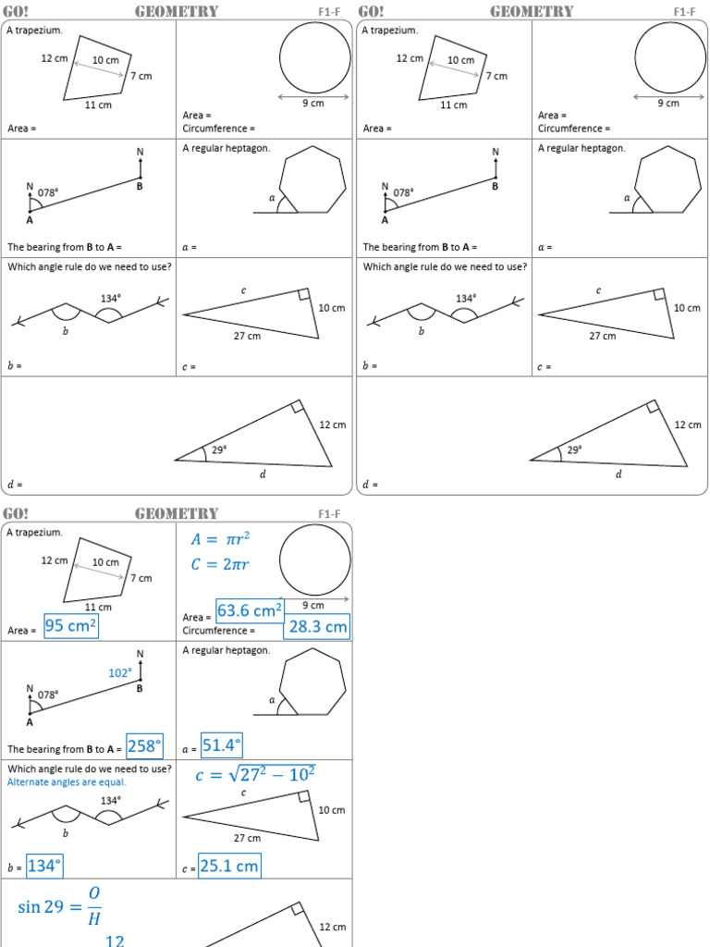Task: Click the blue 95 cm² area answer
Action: click(x=71, y=626)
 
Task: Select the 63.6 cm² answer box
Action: click(x=250, y=611)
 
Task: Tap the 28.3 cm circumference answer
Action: click(x=317, y=627)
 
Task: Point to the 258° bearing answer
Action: click(x=144, y=745)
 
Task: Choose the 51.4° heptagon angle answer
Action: click(x=222, y=745)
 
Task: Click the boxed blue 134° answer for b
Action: click(x=44, y=866)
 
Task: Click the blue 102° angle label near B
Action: click(x=120, y=673)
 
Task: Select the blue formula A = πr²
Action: click(x=220, y=540)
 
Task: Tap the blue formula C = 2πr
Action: click(x=220, y=564)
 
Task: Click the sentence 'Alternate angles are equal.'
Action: click(x=67, y=781)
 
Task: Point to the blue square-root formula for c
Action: click(x=255, y=774)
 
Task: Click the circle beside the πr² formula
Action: click(x=315, y=560)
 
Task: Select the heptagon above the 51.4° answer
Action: click(x=313, y=682)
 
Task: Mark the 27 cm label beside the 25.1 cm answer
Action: click(x=247, y=838)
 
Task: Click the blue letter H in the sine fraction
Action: click(x=94, y=918)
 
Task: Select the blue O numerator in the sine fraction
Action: click(x=94, y=893)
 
